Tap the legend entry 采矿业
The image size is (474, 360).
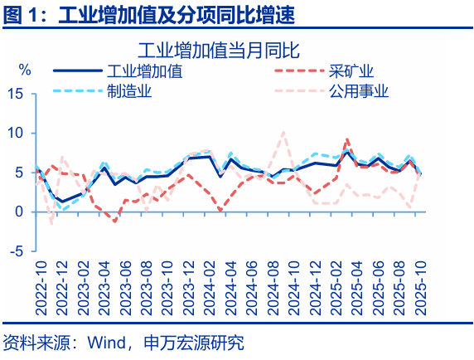click(352, 71)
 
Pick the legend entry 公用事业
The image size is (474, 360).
click(359, 91)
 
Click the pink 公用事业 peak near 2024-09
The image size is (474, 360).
click(284, 133)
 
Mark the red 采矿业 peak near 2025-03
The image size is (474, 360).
click(346, 139)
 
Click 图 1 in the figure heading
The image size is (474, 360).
click(21, 14)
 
